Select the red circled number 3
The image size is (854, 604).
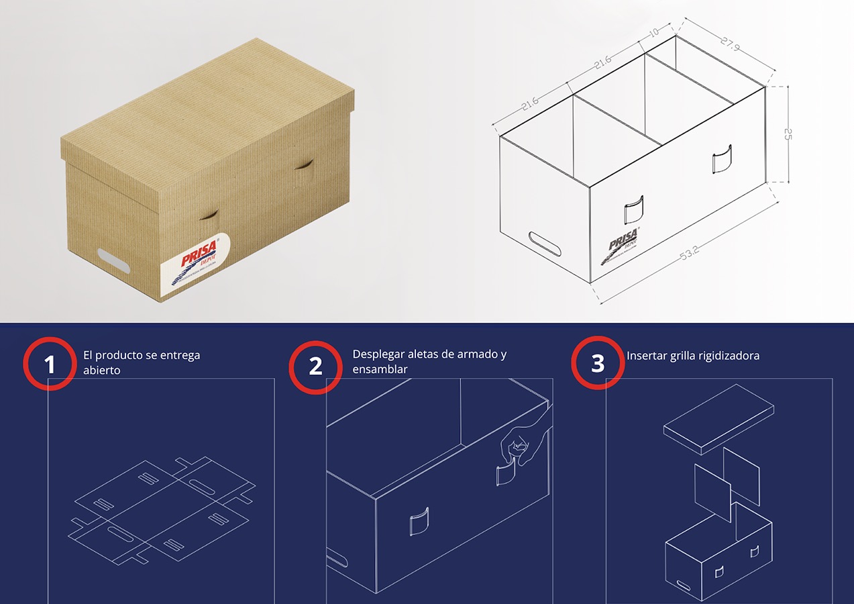(597, 363)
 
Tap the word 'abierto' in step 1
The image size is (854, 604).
(102, 370)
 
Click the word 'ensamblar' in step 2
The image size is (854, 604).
(380, 369)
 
